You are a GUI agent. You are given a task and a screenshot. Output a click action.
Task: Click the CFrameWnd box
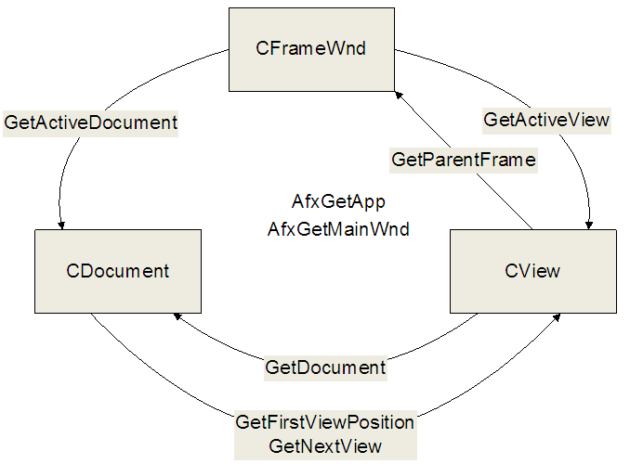click(x=311, y=49)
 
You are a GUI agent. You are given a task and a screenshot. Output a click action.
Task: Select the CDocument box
click(x=118, y=271)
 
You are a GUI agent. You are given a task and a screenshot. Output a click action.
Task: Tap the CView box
click(x=533, y=271)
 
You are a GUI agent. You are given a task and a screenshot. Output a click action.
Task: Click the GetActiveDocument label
click(x=90, y=122)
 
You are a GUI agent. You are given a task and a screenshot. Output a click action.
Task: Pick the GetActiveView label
click(x=546, y=120)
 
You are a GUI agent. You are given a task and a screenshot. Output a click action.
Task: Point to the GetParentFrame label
click(x=464, y=160)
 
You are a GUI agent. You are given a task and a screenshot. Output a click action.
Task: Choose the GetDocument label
click(x=325, y=367)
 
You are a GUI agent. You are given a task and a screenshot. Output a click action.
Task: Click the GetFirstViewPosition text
click(x=324, y=422)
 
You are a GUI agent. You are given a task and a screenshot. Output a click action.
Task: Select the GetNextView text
click(x=325, y=446)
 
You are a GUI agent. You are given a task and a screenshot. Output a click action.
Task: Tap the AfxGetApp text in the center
click(x=338, y=201)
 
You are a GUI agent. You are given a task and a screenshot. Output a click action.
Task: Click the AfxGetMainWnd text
click(x=338, y=229)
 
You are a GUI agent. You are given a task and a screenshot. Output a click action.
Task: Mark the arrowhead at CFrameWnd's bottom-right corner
click(x=399, y=96)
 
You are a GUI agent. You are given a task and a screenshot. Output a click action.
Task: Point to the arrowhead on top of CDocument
click(x=61, y=226)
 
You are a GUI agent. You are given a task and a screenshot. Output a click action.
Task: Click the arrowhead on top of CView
click(x=589, y=226)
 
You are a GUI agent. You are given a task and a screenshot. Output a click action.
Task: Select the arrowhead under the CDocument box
click(x=177, y=316)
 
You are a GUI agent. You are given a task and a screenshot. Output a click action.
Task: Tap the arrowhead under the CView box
click(x=557, y=317)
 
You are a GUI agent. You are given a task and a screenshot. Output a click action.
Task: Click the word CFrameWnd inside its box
click(x=310, y=48)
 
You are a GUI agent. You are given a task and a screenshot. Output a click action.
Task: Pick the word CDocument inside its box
click(x=117, y=271)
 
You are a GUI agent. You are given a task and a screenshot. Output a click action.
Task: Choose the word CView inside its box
click(x=532, y=271)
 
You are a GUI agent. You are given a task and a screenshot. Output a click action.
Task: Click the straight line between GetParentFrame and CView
click(x=505, y=201)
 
